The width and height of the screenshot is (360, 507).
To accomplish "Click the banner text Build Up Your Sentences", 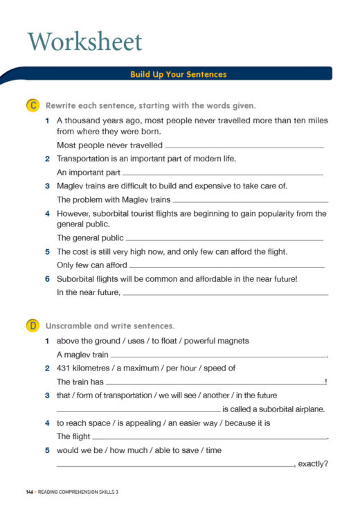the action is [x=178, y=74].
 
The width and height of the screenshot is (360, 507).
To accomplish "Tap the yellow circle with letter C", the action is [x=32, y=106].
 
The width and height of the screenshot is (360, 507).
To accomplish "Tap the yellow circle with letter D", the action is [x=32, y=325].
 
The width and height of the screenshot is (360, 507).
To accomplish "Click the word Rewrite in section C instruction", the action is [x=62, y=106].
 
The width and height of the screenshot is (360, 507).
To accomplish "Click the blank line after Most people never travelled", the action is [x=244, y=147].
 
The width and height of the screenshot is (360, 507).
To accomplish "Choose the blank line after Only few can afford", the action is [x=226, y=267].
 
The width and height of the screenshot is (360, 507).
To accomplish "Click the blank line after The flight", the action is [x=209, y=437].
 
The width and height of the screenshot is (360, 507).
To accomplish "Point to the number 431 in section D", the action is [x=64, y=368].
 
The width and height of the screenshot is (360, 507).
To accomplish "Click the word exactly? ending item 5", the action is [x=313, y=464].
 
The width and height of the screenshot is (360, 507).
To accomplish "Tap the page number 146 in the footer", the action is [x=29, y=492].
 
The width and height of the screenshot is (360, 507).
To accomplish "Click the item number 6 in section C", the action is [x=47, y=279].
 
